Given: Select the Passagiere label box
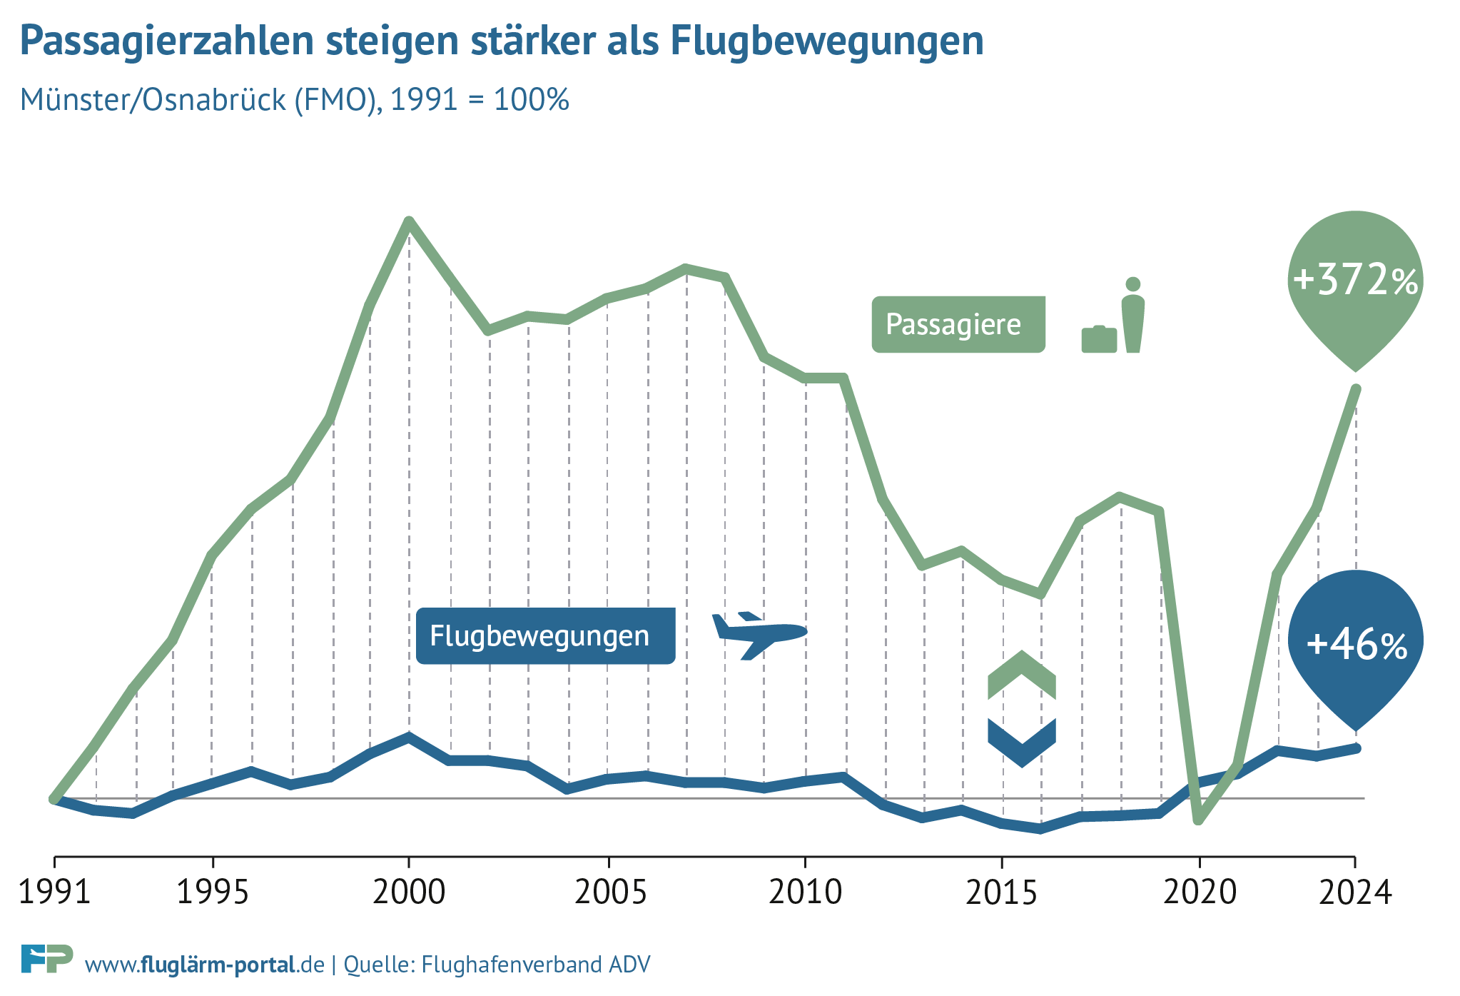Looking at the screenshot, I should [958, 325].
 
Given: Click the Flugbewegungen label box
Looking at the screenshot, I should [545, 636].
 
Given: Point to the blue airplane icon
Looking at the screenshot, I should [759, 633].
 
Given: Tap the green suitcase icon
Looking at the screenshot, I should [1099, 339].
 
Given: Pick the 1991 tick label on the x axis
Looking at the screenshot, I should [54, 892].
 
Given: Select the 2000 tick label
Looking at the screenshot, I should [409, 892].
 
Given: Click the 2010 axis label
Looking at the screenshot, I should [805, 892].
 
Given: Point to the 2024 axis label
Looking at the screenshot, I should [1354, 892].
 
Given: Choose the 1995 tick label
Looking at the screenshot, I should [213, 892].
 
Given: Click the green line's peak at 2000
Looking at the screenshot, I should [409, 221].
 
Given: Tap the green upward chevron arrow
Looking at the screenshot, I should [1022, 675].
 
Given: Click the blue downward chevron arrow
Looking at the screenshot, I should [1022, 743].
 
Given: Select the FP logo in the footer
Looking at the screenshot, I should [47, 958].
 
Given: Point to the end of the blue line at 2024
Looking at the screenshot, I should [1356, 748].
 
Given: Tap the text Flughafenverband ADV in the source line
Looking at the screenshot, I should [536, 965].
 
